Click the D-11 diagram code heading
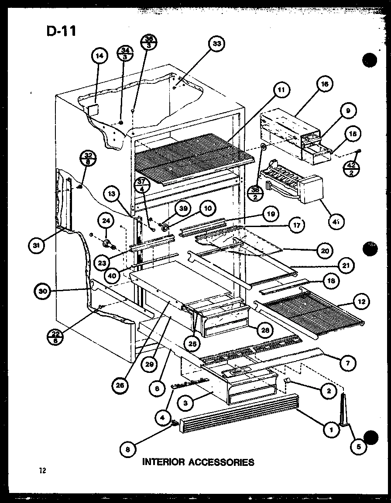(61, 31)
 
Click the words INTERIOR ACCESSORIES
(199, 462)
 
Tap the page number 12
(42, 471)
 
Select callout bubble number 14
(100, 55)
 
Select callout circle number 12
(362, 301)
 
